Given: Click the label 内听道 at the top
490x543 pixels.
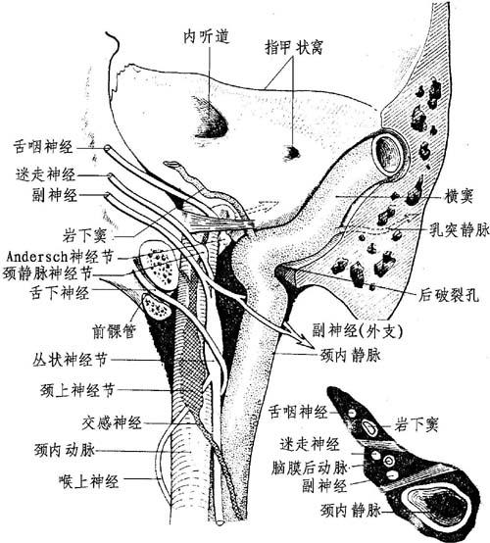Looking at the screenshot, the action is (x=207, y=36).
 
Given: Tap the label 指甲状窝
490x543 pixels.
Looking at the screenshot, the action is (x=294, y=47).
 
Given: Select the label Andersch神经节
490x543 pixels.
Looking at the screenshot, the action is (x=60, y=257).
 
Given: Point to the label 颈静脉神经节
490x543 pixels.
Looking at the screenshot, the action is (x=47, y=273).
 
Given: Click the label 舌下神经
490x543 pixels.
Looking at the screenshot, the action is (x=60, y=293).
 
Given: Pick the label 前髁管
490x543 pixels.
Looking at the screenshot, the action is (x=114, y=331).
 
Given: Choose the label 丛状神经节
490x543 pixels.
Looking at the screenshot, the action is (x=70, y=360).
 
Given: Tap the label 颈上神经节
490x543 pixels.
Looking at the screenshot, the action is (x=76, y=391).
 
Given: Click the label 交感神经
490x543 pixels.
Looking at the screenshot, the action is (x=112, y=422).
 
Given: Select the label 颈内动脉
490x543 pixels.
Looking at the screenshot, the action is (x=65, y=451).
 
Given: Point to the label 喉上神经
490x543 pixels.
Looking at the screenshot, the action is (x=89, y=481).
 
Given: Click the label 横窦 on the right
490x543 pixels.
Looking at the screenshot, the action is (x=459, y=197).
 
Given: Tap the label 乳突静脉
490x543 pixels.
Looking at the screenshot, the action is (x=460, y=230).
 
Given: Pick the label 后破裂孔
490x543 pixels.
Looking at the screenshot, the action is (x=449, y=295).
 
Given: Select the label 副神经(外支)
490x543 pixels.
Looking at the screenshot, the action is (x=358, y=331).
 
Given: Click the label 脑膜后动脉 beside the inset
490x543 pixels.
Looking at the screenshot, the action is (x=310, y=468).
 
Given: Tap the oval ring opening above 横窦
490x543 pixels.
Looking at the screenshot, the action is (x=390, y=153).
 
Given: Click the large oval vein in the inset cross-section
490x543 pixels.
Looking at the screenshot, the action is (x=440, y=505).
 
